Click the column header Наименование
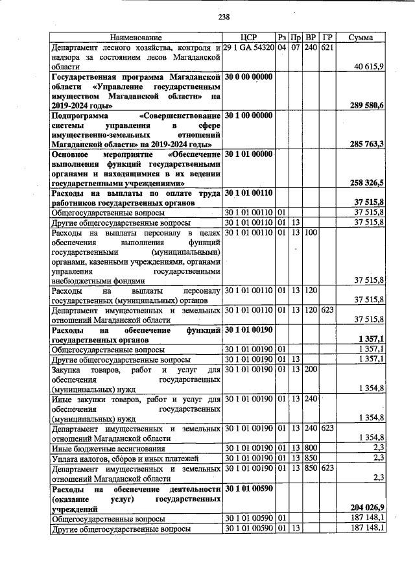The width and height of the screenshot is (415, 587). point(136,38)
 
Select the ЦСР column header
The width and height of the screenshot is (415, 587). point(249,38)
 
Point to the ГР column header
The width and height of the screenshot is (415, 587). point(327,38)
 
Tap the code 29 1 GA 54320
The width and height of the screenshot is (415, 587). point(249,48)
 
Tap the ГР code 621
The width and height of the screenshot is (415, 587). point(327,48)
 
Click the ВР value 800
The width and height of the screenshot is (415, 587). point(311,448)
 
